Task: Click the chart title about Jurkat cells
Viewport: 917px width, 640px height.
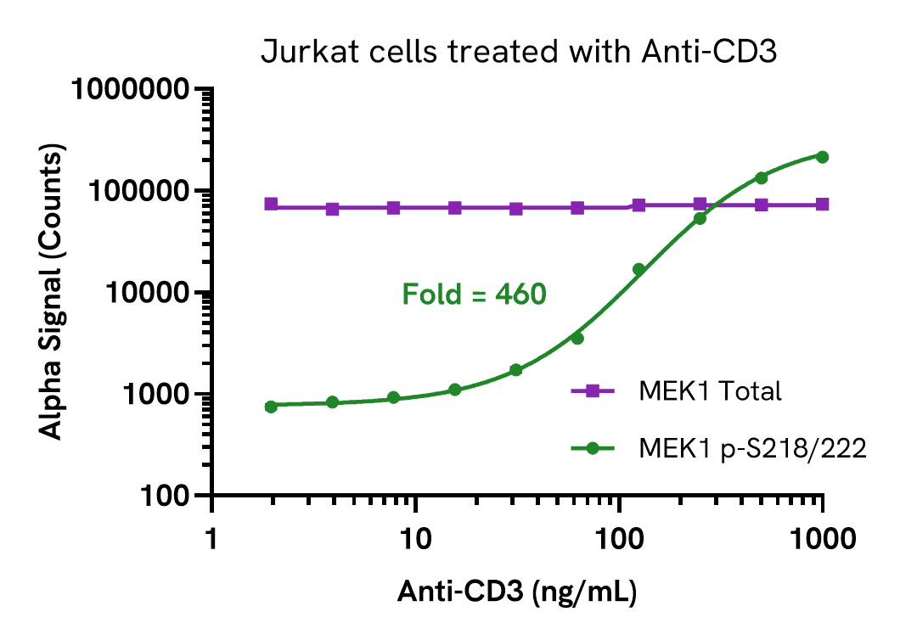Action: pyautogui.click(x=519, y=53)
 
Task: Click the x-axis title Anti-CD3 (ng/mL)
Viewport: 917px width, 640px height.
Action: pyautogui.click(x=519, y=591)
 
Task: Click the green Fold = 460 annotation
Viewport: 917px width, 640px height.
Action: pyautogui.click(x=474, y=295)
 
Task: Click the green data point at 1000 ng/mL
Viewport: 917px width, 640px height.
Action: pyautogui.click(x=822, y=156)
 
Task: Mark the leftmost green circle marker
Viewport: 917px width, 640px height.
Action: pyautogui.click(x=271, y=407)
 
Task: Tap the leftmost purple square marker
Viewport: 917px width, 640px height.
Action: pyautogui.click(x=271, y=204)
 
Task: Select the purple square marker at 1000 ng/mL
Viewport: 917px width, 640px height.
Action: pyautogui.click(x=822, y=205)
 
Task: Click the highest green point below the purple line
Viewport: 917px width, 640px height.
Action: pyautogui.click(x=700, y=218)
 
